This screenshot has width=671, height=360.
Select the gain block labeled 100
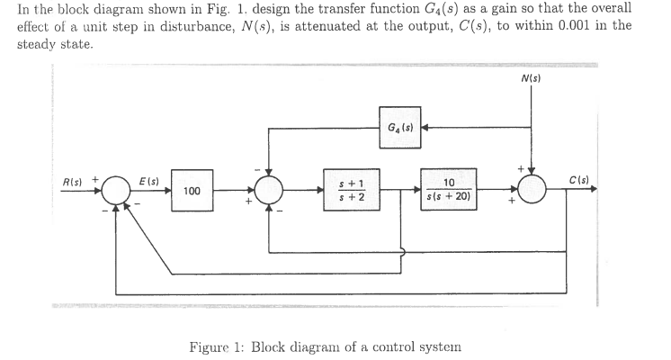click(191, 191)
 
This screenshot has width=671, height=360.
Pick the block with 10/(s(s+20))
click(447, 191)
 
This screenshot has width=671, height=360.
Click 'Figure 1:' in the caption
click(216, 348)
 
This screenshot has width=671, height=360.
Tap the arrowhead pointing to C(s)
click(595, 191)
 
